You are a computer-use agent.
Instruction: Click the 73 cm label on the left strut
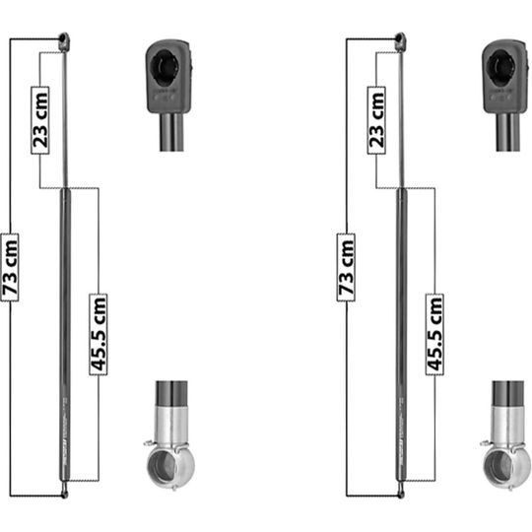[10, 267]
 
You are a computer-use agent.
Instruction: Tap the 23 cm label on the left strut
[40, 120]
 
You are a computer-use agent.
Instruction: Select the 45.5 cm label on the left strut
[99, 334]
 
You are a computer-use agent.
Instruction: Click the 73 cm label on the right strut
[346, 267]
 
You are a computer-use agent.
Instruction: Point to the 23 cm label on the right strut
[376, 120]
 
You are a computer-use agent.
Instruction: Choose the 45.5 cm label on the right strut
[434, 334]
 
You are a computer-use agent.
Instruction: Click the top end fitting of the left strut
[64, 41]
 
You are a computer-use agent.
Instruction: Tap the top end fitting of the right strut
[400, 41]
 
